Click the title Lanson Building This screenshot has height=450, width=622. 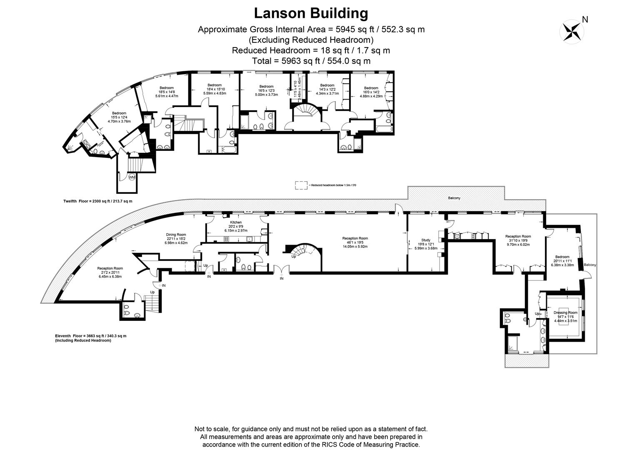tap(311, 13)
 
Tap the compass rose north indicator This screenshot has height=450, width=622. tap(573, 31)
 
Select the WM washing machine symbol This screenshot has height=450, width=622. tap(132, 177)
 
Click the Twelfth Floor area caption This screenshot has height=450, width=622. tap(97, 201)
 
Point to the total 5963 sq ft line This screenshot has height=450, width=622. tap(311, 61)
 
